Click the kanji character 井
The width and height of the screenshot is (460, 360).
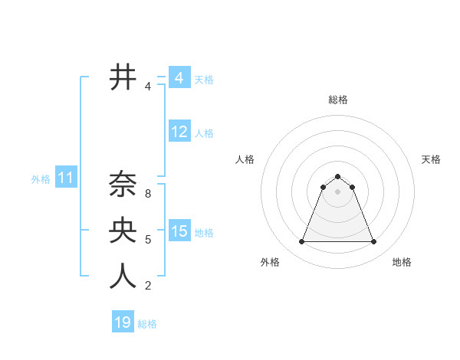(x=123, y=77)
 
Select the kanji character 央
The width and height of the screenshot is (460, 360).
(x=123, y=230)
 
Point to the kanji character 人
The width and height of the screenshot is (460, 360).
(x=123, y=276)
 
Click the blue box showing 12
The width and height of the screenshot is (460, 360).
(x=179, y=132)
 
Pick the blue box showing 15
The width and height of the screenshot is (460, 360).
(x=179, y=231)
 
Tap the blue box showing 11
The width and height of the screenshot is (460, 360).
(x=65, y=178)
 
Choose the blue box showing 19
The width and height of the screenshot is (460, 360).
(x=123, y=322)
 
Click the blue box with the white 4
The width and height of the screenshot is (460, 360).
(x=179, y=78)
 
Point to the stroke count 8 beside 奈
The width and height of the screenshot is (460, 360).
(x=148, y=194)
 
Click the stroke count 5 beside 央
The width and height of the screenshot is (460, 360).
(x=148, y=240)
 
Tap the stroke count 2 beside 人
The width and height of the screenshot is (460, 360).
(x=148, y=286)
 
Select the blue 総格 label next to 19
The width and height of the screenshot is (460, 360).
(x=147, y=324)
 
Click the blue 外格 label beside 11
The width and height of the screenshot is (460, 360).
(x=41, y=179)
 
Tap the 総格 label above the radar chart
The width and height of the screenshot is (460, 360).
(x=337, y=100)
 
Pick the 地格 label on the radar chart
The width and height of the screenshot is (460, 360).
(x=402, y=262)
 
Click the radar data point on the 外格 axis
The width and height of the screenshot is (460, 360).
(x=301, y=242)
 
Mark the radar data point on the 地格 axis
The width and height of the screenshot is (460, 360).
(x=374, y=242)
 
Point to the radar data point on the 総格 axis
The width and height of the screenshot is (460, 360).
(x=337, y=177)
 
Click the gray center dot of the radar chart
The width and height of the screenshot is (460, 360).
(x=337, y=191)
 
